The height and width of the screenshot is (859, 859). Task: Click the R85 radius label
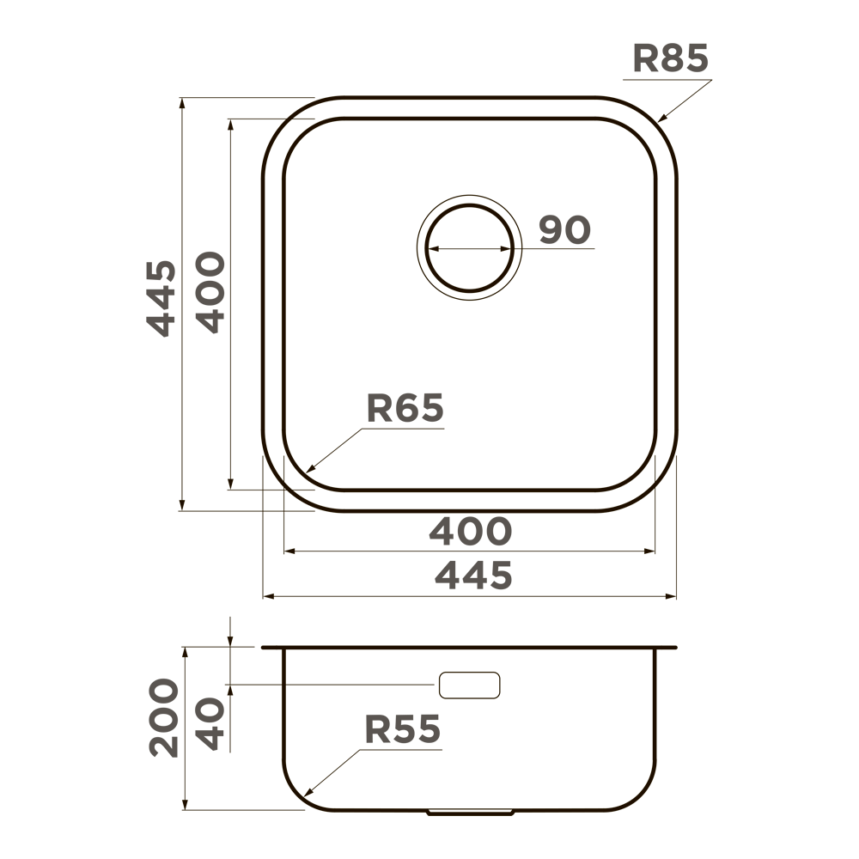[x=671, y=58]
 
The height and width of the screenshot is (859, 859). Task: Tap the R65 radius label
[x=405, y=409]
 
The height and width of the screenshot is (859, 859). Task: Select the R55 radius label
[x=403, y=729]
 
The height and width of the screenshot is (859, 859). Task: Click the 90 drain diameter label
[x=565, y=230]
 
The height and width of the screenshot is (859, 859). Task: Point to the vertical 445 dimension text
[x=161, y=297]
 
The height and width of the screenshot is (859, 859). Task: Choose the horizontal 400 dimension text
[x=470, y=533]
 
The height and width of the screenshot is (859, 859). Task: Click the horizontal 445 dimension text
[x=473, y=576]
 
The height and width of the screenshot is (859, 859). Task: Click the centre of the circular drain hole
[x=469, y=248]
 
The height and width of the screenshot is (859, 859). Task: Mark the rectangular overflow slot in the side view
[x=469, y=685]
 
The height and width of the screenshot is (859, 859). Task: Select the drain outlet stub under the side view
[x=470, y=812]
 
